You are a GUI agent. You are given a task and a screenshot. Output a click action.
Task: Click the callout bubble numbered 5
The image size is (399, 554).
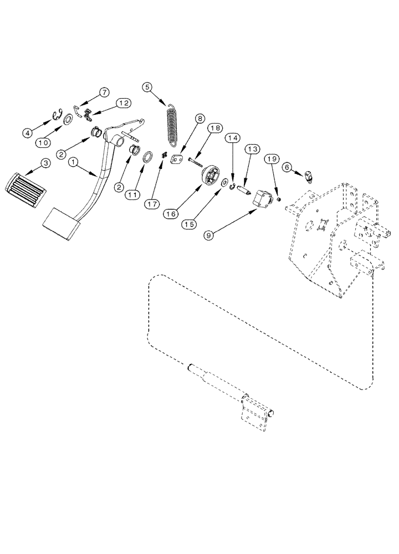(147, 86)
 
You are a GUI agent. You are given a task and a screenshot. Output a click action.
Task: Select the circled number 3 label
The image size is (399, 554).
(46, 163)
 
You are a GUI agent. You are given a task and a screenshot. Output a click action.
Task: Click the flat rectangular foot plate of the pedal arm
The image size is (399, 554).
(59, 223)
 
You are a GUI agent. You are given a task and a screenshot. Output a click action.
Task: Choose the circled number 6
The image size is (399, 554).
(287, 166)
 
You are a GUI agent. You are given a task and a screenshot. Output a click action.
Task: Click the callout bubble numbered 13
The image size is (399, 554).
(253, 149)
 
